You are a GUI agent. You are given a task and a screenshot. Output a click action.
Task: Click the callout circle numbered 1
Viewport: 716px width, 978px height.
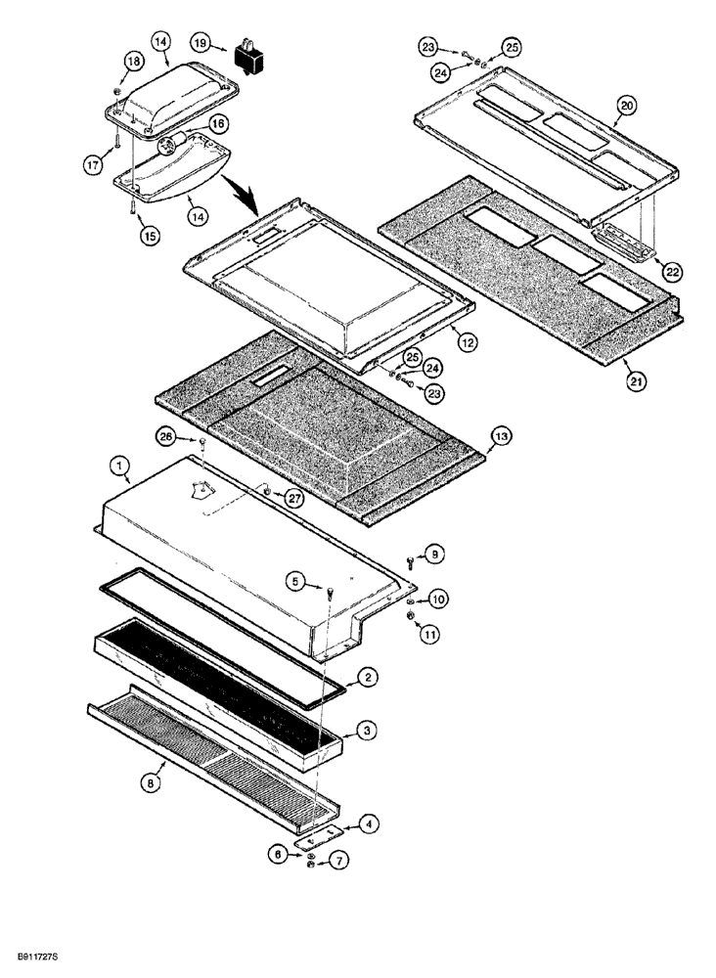coord(120,467)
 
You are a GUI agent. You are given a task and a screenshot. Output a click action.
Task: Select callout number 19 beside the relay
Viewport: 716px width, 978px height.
coord(200,42)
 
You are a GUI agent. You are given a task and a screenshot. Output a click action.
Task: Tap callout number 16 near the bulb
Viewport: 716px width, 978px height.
coord(216,124)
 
